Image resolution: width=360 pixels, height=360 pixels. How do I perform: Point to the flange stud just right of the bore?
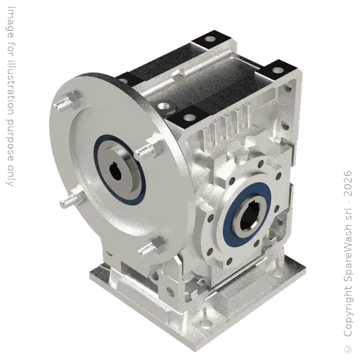click(x=147, y=151)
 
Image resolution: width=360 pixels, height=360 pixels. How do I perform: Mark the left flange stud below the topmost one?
click(x=67, y=201)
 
